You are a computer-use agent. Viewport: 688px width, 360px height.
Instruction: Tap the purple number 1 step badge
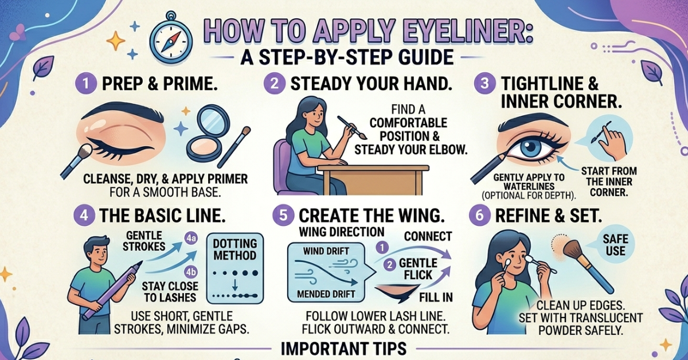(85, 83)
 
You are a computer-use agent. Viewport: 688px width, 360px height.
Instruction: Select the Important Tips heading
(344, 349)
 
